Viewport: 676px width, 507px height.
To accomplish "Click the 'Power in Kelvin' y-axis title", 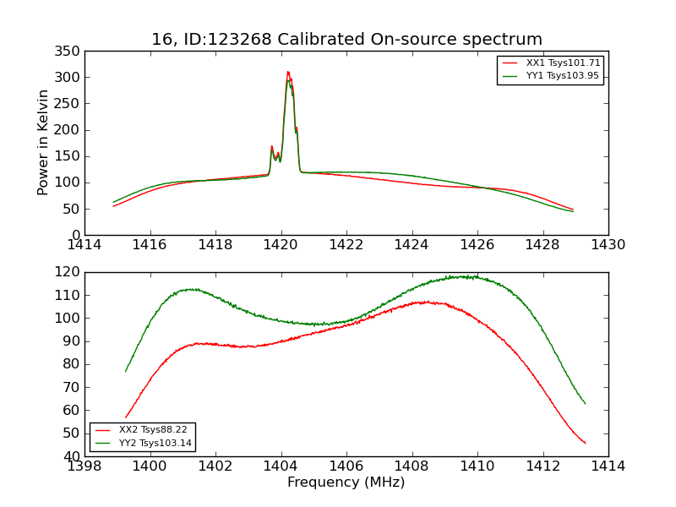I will coord(43,143).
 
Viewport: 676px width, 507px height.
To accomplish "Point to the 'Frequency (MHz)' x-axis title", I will coord(346,482).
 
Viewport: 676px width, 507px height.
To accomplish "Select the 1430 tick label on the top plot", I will coord(608,245).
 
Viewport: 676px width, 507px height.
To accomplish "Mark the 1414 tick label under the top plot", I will coord(84,245).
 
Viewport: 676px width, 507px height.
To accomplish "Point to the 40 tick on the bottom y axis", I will coord(72,456).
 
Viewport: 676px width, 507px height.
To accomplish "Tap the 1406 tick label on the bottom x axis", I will coord(346,466).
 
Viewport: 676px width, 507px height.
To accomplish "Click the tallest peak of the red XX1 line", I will coord(287,72).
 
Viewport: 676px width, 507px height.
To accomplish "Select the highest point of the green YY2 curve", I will coord(465,276).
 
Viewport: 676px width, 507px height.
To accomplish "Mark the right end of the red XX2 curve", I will coord(585,444).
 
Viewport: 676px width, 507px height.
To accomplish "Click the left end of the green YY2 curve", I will coord(126,371).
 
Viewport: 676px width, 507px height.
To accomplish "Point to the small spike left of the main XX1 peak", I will coord(272,146).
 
